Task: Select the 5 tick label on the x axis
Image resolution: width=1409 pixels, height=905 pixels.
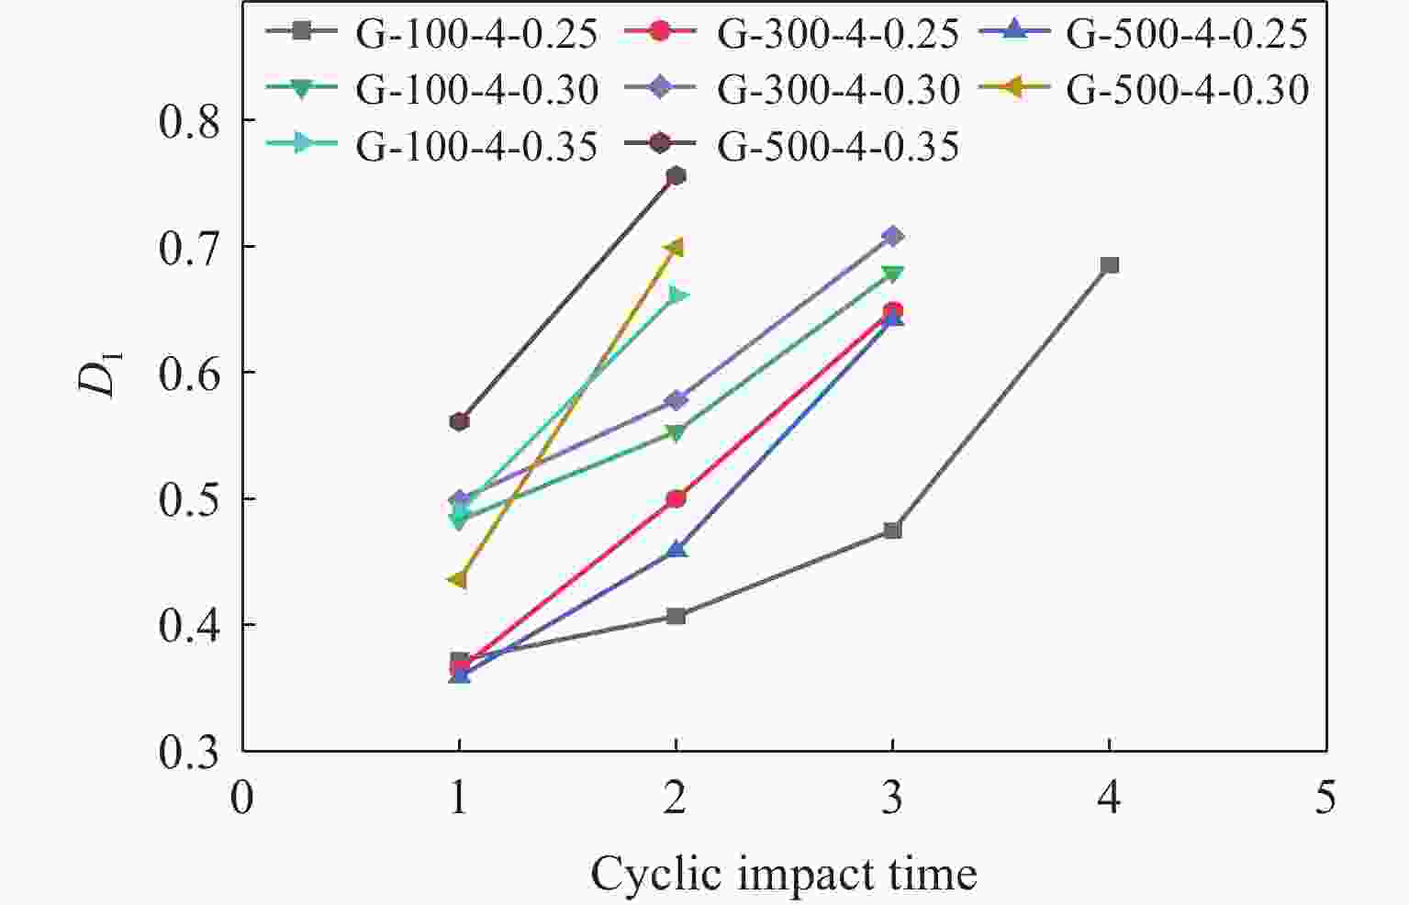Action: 1325,797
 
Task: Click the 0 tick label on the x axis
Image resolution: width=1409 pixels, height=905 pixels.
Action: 242,797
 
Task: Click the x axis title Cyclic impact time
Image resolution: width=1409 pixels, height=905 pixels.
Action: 783,873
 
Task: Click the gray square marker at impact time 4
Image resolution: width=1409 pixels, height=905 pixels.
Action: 1109,265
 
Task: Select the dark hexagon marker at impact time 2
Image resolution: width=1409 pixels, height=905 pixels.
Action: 676,176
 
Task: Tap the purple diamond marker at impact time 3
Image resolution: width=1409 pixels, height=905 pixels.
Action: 892,237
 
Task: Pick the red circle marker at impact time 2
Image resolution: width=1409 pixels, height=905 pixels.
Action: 676,498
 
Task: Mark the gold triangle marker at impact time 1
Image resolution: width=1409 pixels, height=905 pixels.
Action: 458,580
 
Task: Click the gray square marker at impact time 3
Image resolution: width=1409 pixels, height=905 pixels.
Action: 892,531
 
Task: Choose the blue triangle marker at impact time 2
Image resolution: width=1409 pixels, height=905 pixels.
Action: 676,550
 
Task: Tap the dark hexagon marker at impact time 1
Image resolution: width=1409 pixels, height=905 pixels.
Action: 459,422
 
